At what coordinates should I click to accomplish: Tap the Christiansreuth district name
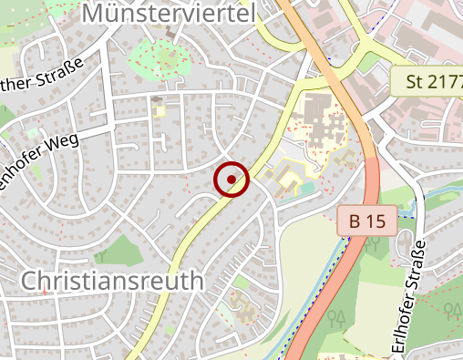click(112, 280)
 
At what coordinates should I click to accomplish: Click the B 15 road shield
click(366, 221)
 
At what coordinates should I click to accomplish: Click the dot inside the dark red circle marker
click(231, 180)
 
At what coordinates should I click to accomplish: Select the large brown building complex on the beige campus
click(322, 121)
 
